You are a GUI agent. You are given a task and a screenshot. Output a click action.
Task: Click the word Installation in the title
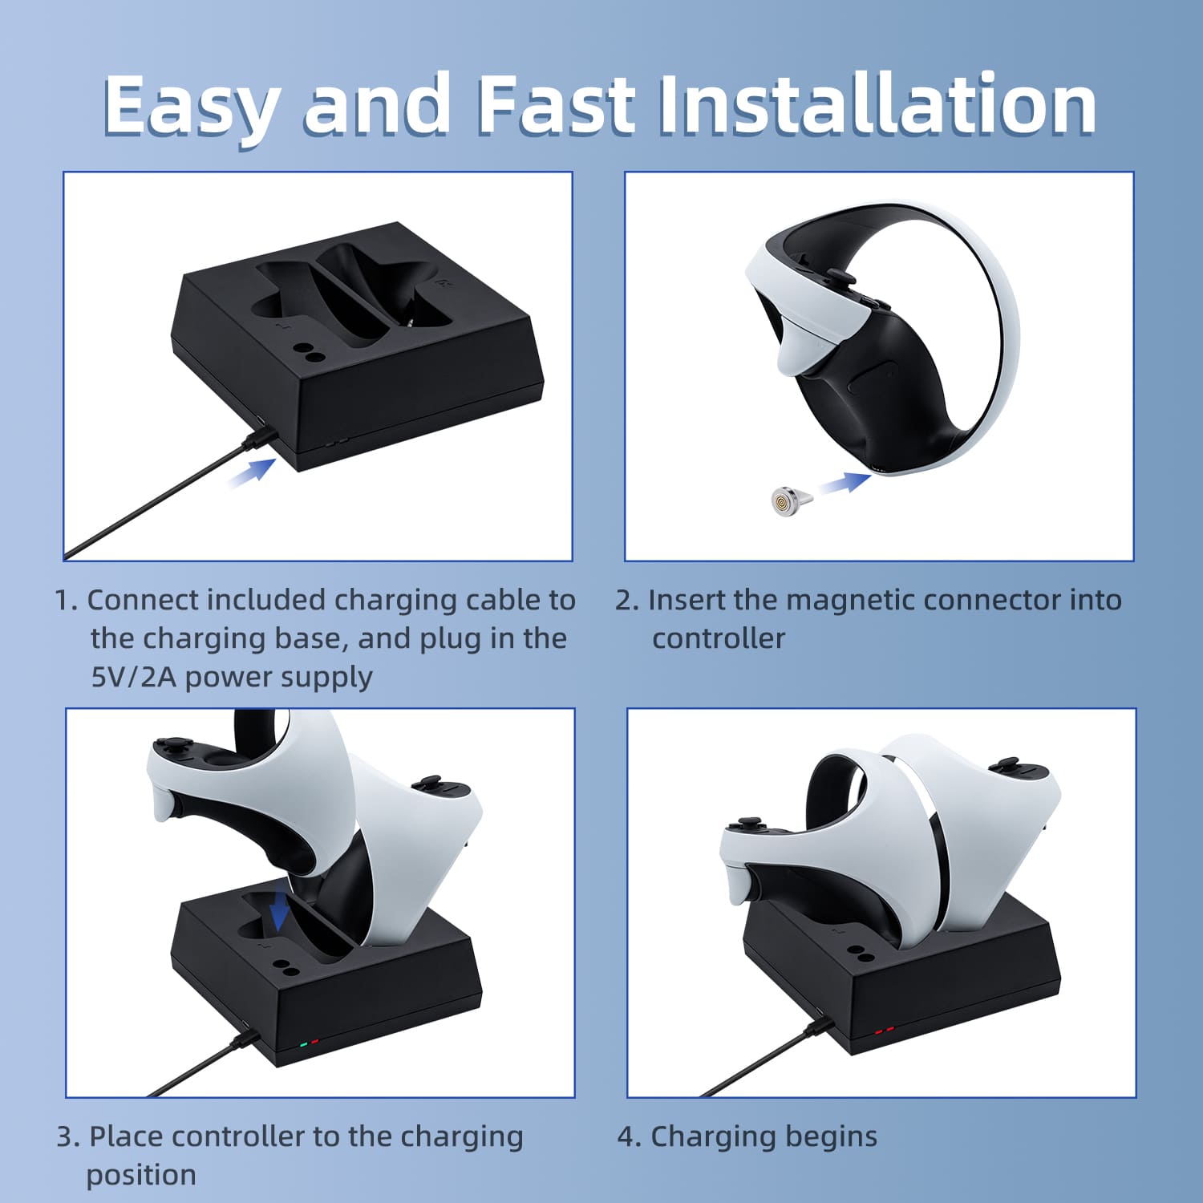[x=877, y=104]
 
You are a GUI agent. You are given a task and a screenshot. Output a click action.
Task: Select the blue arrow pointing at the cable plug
[x=252, y=472]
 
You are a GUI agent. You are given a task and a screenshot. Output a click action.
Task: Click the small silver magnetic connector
[x=789, y=500]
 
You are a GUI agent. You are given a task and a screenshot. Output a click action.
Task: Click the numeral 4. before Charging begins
[x=630, y=1136]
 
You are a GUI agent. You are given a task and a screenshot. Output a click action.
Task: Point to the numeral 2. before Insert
[x=627, y=600]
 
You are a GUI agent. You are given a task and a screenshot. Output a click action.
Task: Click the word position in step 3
[x=141, y=1176]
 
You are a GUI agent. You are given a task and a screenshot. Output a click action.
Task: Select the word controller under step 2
[x=719, y=639]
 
